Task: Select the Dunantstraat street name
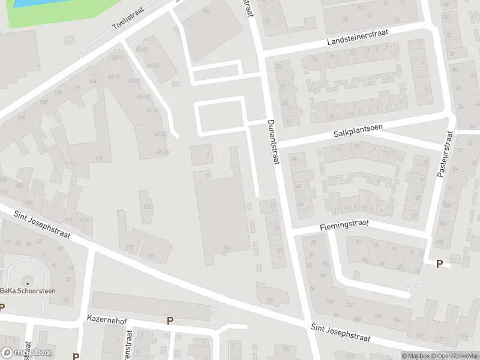[272, 142]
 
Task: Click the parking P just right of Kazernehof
[170, 321]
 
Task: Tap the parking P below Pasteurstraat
[439, 263]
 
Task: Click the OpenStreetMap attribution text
[457, 356]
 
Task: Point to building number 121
[270, 300]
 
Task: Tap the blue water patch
[30, 3]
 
